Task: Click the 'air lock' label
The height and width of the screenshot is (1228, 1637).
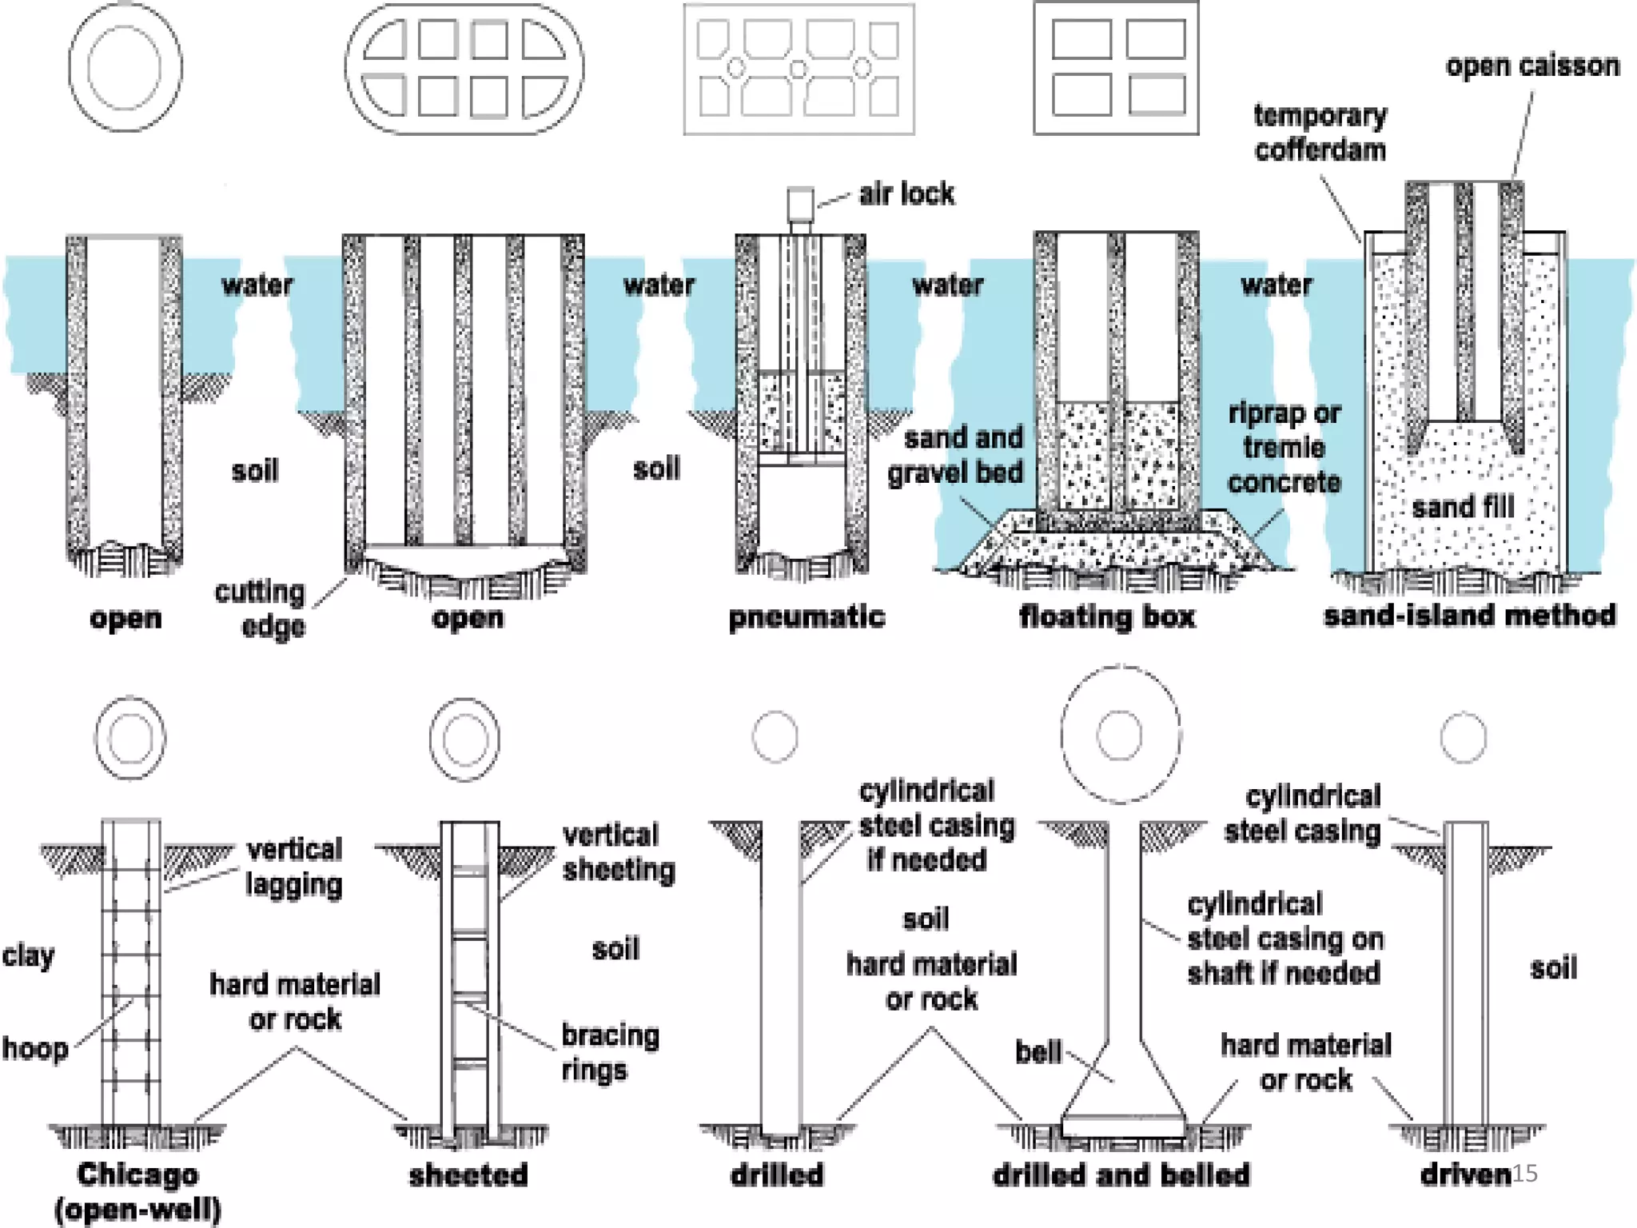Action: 906,193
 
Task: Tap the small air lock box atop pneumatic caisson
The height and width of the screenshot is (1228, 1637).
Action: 800,204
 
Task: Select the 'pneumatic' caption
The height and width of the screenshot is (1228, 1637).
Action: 807,617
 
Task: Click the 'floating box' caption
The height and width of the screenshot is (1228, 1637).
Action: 1107,616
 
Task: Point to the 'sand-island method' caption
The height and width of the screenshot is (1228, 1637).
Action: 1469,615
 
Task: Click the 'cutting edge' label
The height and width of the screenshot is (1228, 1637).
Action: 261,608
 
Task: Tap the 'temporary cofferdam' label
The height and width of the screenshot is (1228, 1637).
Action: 1320,133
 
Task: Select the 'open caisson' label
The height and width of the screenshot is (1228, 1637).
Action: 1532,66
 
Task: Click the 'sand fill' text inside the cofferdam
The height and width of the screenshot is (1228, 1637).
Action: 1463,506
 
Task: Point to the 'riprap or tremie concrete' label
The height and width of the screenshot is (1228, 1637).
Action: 1284,448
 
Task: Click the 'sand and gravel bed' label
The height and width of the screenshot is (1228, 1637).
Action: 956,455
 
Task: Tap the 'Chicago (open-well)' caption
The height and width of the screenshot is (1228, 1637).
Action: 137,1191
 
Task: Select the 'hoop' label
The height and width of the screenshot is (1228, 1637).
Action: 35,1048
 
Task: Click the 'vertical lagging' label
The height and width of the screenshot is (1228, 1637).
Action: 294,867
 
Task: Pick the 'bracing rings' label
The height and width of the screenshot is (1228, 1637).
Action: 610,1052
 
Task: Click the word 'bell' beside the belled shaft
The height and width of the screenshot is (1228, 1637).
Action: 1038,1051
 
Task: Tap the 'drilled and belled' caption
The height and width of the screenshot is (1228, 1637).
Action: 1121,1174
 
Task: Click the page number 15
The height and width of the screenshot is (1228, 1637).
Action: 1525,1173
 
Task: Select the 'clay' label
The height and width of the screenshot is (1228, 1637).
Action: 28,955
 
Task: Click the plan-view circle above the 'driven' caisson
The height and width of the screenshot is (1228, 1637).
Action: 1464,737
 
